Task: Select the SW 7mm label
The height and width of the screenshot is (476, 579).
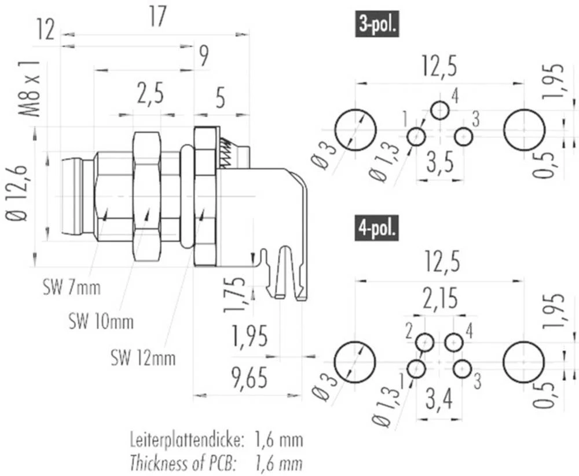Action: click(x=71, y=287)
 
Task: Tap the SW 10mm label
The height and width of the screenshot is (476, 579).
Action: click(x=100, y=321)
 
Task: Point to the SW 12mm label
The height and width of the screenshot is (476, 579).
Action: click(x=142, y=358)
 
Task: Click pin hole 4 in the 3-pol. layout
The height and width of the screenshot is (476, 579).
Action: click(x=440, y=110)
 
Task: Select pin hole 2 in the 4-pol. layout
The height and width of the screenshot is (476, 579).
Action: click(x=426, y=343)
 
